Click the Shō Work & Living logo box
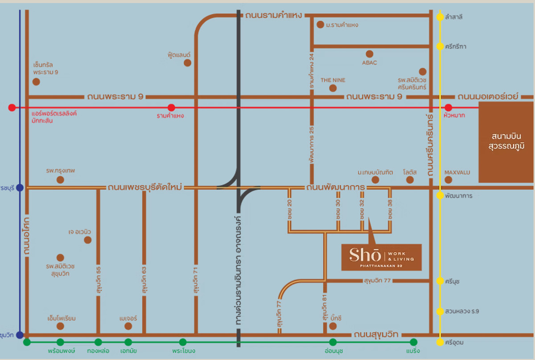pyautogui.click(x=381, y=257)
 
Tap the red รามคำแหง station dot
pyautogui.click(x=171, y=108)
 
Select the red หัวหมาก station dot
pyautogui.click(x=449, y=108)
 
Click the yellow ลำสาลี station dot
pyautogui.click(x=440, y=17)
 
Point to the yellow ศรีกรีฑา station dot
pyautogui.click(x=440, y=46)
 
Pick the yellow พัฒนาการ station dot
pyautogui.click(x=440, y=195)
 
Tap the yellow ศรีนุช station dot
pyautogui.click(x=440, y=281)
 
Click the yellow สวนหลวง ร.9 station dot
pyautogui.click(x=440, y=311)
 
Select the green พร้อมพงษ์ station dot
pyautogui.click(x=61, y=342)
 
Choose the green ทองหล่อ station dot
pyautogui.click(x=98, y=342)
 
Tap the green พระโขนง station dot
pyautogui.click(x=183, y=342)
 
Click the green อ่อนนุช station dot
pyautogui.click(x=333, y=342)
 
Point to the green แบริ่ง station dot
pyautogui.click(x=413, y=342)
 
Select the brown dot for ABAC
pyautogui.click(x=369, y=54)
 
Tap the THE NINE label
pyautogui.click(x=333, y=80)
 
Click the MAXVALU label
pyautogui.click(x=457, y=172)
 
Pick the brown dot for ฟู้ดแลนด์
pyautogui.click(x=188, y=63)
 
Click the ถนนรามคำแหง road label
pyautogui.click(x=274, y=16)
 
